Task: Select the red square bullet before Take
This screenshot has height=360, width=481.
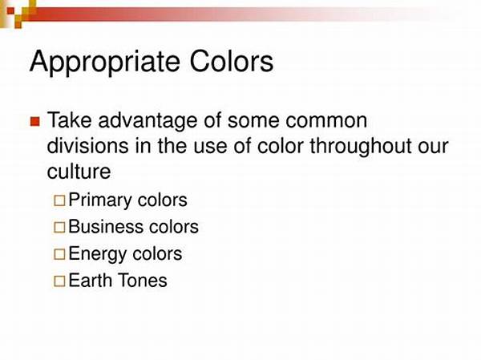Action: (x=34, y=122)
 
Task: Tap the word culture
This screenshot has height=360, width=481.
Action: (x=78, y=172)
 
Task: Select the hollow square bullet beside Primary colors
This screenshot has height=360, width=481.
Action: (x=59, y=200)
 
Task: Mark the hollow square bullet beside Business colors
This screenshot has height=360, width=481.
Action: (x=59, y=228)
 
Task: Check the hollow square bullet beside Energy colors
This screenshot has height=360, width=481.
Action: (x=59, y=255)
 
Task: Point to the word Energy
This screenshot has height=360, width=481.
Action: (x=95, y=254)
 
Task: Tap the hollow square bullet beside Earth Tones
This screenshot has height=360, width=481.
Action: (x=59, y=281)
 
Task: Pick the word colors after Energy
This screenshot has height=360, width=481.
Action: (x=155, y=254)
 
